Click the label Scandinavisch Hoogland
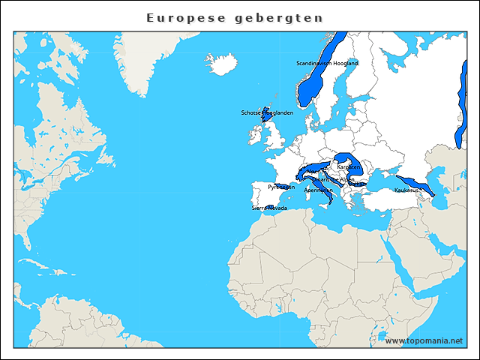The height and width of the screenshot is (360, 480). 327,64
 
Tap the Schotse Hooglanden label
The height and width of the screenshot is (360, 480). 267,113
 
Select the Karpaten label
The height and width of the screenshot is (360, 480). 348,166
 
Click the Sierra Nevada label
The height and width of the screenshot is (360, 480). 268,208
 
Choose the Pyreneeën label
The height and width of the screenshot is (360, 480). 281,186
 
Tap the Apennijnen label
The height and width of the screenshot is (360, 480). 318,190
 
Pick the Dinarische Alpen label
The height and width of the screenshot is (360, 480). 333,180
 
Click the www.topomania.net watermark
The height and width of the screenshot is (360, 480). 424,340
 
